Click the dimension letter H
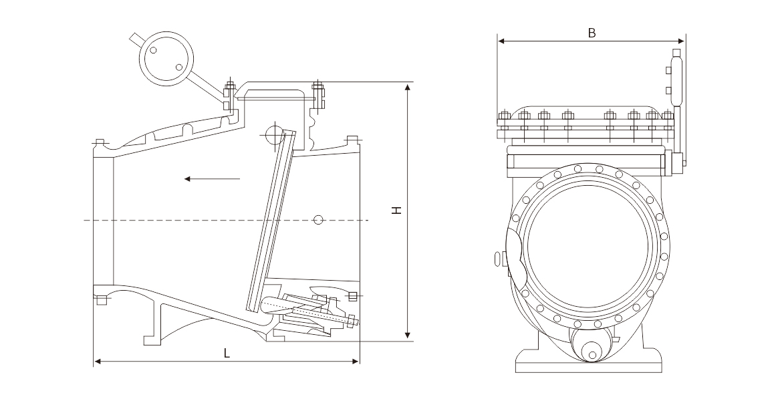(397, 210)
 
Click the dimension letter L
(227, 354)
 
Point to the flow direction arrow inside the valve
(212, 178)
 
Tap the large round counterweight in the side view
(165, 58)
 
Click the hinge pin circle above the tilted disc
(274, 135)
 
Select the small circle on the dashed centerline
(319, 219)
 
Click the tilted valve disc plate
(271, 221)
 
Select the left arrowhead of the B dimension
(501, 41)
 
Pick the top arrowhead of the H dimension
(407, 86)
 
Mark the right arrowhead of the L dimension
(357, 362)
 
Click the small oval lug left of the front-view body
(497, 258)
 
